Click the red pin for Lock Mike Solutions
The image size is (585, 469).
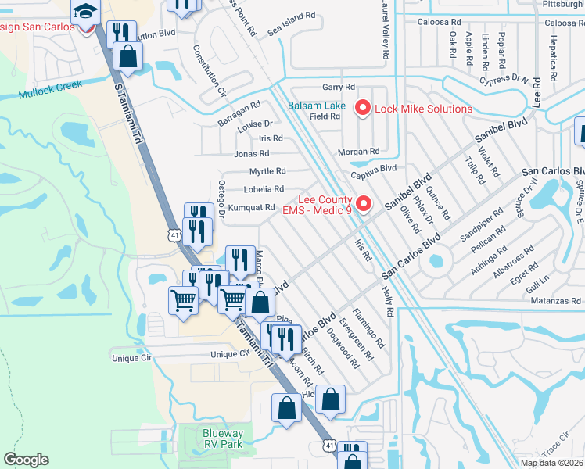363,108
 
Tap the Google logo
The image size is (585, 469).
26,460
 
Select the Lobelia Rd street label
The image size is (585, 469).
264,189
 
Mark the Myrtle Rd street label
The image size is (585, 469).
267,171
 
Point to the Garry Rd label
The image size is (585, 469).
339,87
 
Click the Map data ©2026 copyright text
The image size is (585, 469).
552,463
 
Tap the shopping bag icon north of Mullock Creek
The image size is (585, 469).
127,56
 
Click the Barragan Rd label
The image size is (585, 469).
239,109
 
